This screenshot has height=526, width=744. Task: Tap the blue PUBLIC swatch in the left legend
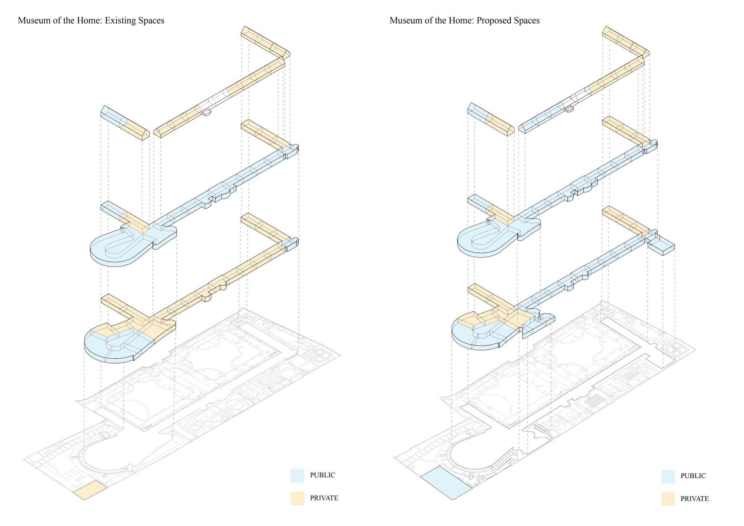pos(297,476)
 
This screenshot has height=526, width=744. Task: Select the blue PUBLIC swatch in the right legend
pos(668,477)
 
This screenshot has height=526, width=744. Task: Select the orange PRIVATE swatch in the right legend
pos(668,499)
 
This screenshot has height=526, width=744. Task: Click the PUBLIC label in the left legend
pos(323,475)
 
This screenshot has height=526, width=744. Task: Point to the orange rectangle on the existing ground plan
pos(90,490)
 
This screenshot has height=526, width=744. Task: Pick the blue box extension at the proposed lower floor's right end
pos(661,247)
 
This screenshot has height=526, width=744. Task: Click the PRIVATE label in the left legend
pos(324,498)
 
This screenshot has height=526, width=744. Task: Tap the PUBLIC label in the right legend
pos(693,476)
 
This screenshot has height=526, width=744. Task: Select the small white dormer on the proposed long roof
pos(568,109)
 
